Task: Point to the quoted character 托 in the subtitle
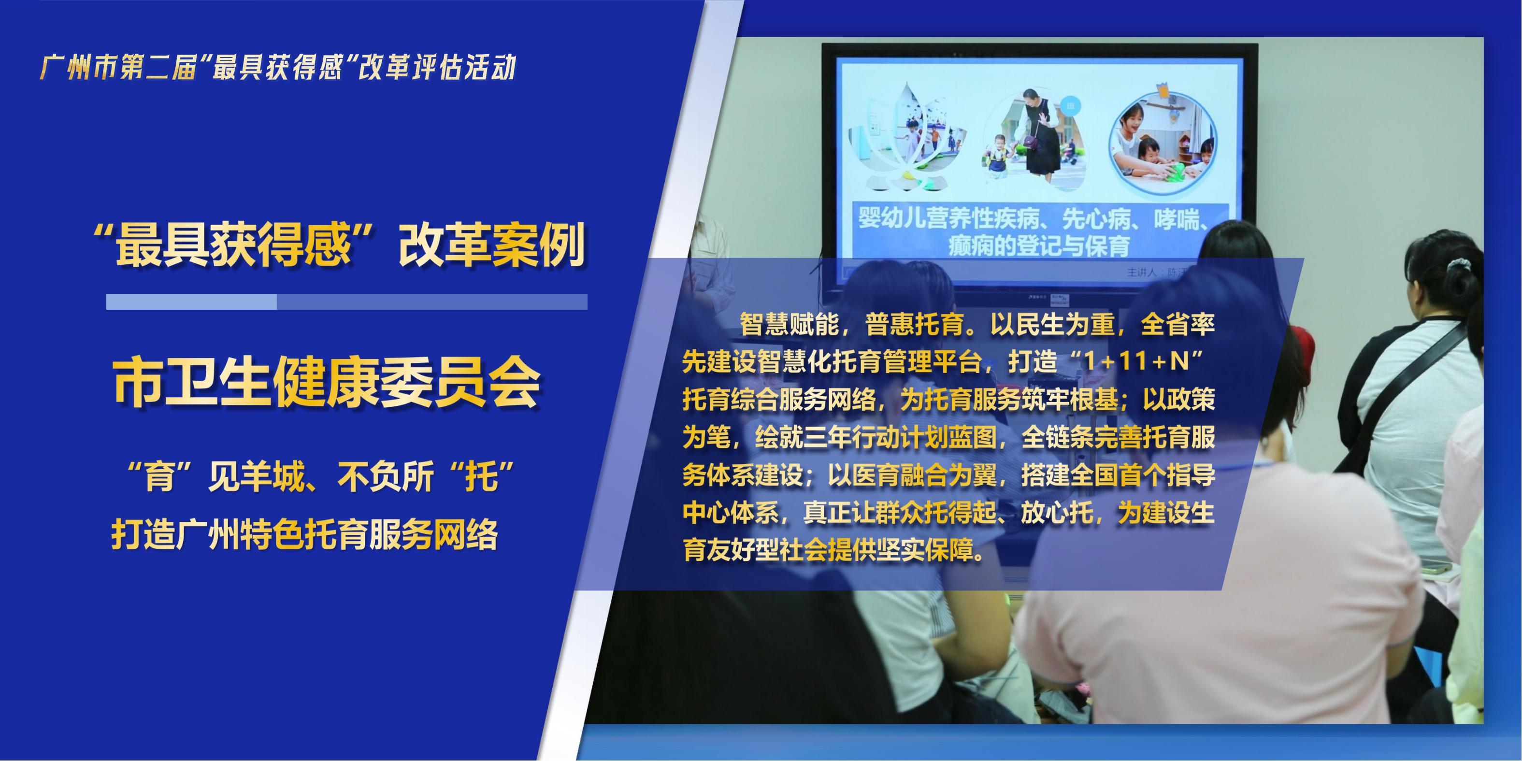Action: tap(482, 477)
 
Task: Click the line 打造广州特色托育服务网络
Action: tap(304, 535)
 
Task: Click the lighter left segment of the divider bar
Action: tap(191, 302)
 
